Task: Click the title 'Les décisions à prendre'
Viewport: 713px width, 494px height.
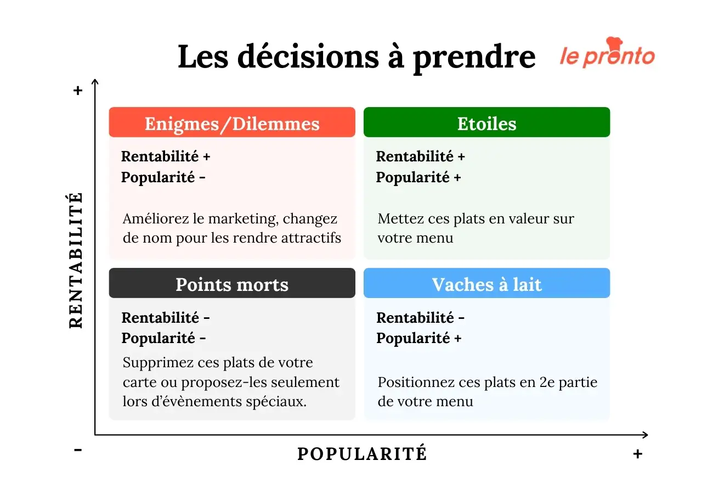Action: pyautogui.click(x=356, y=57)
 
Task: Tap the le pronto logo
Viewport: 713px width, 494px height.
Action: pyautogui.click(x=607, y=54)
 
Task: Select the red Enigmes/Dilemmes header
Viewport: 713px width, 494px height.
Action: pyautogui.click(x=232, y=123)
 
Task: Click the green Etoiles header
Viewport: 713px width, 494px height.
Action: pyautogui.click(x=486, y=123)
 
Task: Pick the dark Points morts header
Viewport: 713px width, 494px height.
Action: pyautogui.click(x=232, y=284)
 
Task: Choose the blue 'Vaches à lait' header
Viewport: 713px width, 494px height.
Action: pyautogui.click(x=486, y=284)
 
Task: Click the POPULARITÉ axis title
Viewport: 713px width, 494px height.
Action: pyautogui.click(x=362, y=454)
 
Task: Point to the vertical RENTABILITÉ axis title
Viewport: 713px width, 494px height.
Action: pyautogui.click(x=76, y=261)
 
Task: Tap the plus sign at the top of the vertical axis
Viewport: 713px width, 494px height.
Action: pyautogui.click(x=78, y=91)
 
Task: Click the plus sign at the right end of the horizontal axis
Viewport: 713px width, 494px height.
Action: pyautogui.click(x=637, y=454)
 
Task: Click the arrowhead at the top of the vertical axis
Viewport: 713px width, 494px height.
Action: pyautogui.click(x=95, y=82)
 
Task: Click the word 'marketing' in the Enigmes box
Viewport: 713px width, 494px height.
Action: pyautogui.click(x=249, y=218)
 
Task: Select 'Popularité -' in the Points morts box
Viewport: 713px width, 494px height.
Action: pyautogui.click(x=163, y=338)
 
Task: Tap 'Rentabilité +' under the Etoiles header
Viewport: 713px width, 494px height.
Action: pyautogui.click(x=420, y=156)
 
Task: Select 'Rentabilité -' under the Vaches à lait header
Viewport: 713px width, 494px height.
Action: pyautogui.click(x=420, y=317)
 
